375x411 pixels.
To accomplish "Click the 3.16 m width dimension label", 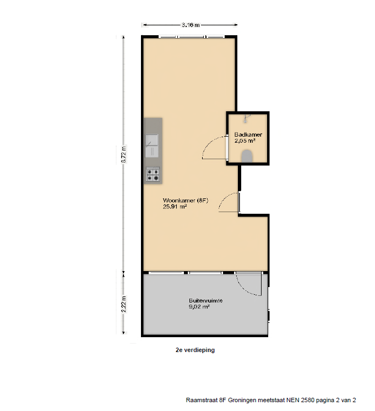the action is click(191, 25).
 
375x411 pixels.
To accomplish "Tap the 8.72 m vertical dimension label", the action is click(124, 154).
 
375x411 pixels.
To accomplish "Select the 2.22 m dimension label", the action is click(124, 304).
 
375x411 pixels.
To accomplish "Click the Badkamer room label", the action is click(248, 134).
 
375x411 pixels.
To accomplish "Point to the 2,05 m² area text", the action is click(245, 140).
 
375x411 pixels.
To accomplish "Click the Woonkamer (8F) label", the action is click(185, 201).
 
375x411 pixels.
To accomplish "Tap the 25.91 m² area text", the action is click(175, 207).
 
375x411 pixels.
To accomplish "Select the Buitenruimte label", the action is click(206, 301).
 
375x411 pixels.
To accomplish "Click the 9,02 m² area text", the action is click(199, 307).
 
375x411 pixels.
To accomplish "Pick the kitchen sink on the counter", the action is click(152, 146).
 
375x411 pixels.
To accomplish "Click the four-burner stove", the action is click(153, 175).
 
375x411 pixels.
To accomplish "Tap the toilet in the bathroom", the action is click(247, 156).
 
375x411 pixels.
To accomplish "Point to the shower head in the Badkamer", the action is click(246, 118).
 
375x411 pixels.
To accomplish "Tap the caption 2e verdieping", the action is click(195, 350).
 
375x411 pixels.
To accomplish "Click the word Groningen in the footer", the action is click(242, 400).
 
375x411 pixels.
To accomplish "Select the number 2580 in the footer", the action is click(308, 400).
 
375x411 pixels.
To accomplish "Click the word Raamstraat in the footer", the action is click(202, 400).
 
